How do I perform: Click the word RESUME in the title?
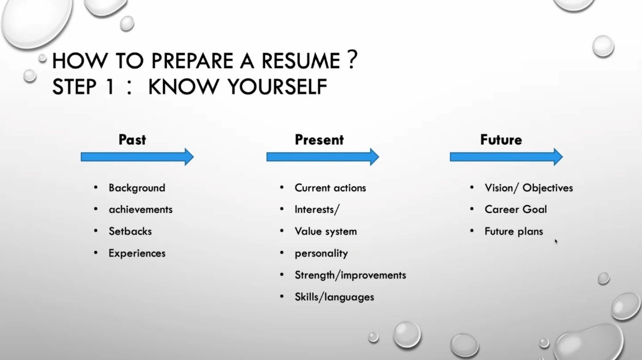pos(301,61)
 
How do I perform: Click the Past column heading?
pos(132,140)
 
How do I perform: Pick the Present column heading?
pos(319,140)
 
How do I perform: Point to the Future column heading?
pos(501,140)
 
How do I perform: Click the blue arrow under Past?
pos(137,157)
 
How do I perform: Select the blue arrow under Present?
pos(323,157)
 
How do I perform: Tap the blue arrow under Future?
pos(506,157)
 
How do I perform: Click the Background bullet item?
pos(137,188)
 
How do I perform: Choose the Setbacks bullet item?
pos(130,232)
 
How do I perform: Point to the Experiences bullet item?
pos(137,253)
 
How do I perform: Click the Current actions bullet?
pos(330,188)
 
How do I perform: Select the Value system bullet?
pos(326,232)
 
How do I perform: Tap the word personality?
pos(321,253)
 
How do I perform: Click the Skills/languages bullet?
pos(335,297)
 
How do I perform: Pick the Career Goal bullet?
pos(516,210)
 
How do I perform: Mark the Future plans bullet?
pos(514,232)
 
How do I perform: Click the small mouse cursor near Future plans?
pos(556,242)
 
